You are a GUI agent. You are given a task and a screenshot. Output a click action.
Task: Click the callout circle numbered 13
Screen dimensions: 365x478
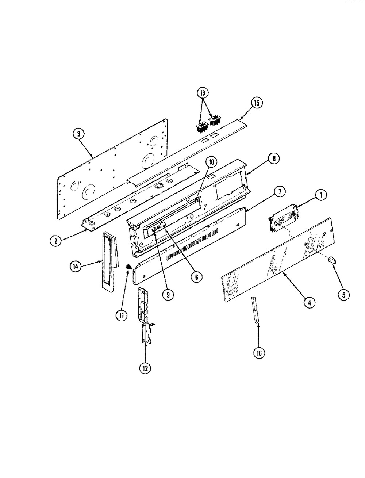tap(203, 93)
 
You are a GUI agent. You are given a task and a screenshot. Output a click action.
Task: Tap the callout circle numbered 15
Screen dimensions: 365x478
tap(257, 103)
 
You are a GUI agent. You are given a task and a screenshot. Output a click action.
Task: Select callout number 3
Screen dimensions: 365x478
tap(78, 134)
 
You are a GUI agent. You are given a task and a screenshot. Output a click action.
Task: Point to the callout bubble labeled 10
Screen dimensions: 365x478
tap(211, 162)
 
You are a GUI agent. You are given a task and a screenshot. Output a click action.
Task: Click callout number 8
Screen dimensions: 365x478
tap(274, 158)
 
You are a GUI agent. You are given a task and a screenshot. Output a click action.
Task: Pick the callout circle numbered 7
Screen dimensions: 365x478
tap(280, 192)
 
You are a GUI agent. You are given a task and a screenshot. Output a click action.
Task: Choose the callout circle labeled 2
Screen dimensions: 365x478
tap(56, 241)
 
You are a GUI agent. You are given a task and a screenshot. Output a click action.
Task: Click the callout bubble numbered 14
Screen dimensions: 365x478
tap(75, 267)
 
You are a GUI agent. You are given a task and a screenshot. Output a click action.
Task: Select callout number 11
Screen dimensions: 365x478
tap(122, 315)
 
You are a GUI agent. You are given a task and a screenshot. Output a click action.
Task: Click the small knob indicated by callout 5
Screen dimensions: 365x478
tap(332, 260)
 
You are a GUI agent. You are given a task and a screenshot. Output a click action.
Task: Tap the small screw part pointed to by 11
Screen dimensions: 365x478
tap(129, 266)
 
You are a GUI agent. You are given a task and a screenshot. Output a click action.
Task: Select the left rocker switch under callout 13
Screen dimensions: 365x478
tap(201, 127)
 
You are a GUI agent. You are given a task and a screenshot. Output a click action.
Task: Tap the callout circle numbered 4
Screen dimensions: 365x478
tap(309, 302)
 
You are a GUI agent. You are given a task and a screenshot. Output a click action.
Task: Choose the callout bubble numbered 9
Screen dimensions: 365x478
tap(168, 295)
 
